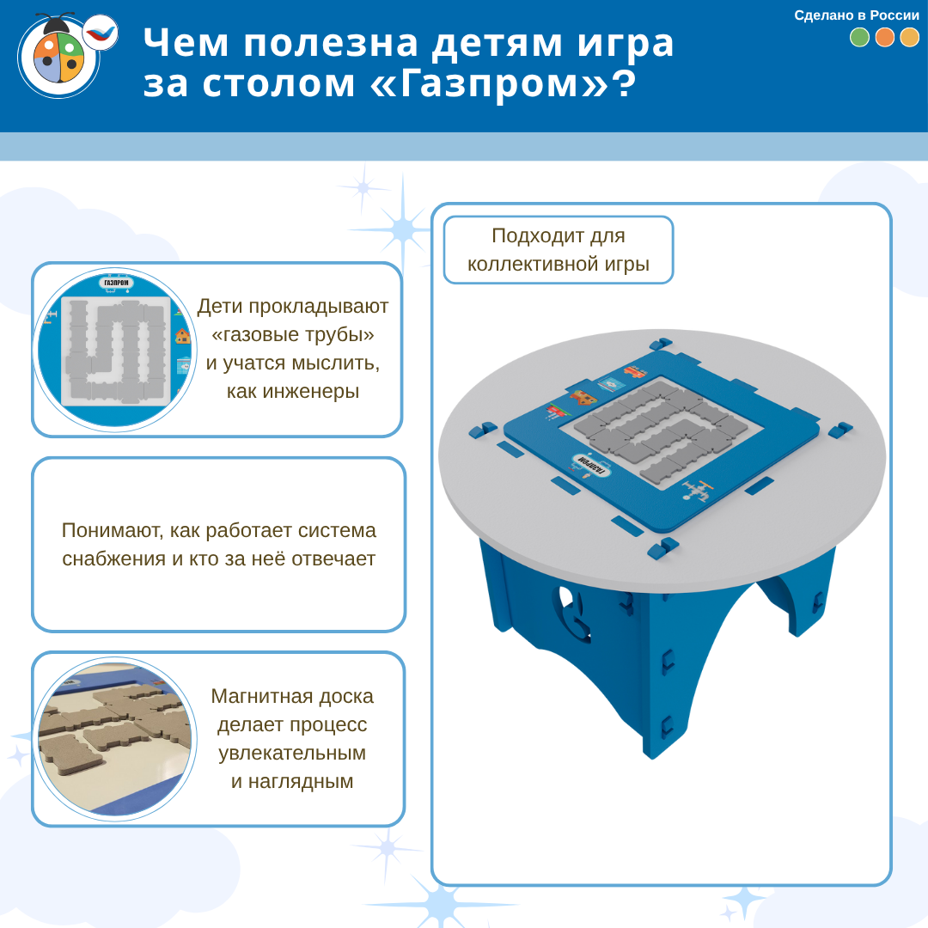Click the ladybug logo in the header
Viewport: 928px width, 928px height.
coord(59,56)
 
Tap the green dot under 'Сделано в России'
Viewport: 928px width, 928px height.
coord(859,37)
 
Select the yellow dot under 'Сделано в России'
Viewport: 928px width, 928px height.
coord(910,37)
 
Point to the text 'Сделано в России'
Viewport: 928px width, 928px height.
coord(857,15)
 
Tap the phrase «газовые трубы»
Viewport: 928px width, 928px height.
coord(293,334)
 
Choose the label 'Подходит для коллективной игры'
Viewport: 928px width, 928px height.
coord(559,250)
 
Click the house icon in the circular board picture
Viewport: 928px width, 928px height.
coord(183,336)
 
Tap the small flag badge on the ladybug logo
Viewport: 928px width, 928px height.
coord(100,33)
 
